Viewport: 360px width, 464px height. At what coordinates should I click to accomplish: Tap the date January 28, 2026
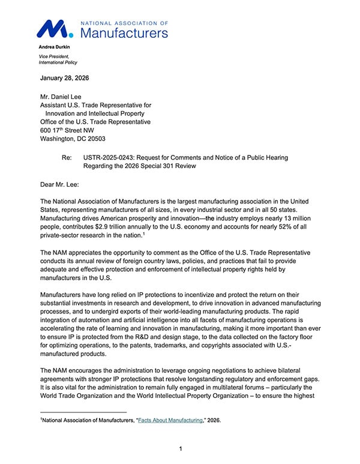coord(67,79)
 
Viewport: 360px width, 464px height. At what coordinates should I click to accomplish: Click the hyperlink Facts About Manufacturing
coord(170,420)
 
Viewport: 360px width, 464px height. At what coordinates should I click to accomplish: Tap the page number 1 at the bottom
coord(181,448)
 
